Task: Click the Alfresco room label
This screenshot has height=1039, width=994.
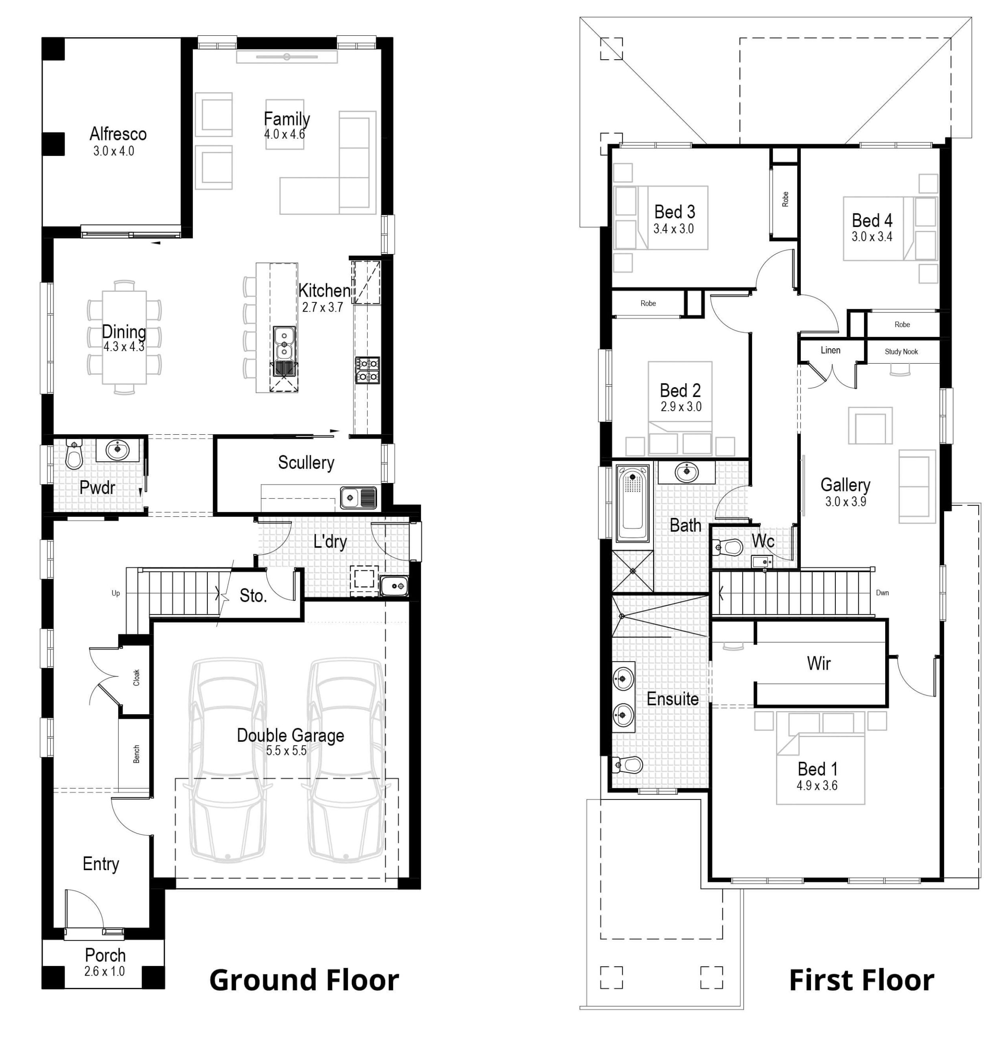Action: point(118,134)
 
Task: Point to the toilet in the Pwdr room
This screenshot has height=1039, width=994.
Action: point(73,457)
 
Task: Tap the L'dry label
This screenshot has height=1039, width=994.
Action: point(330,542)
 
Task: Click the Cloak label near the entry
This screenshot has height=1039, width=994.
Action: point(136,678)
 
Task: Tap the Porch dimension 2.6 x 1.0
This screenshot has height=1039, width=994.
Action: point(104,971)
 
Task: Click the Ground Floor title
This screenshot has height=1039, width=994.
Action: point(304,980)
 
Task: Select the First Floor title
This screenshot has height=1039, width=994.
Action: point(862,980)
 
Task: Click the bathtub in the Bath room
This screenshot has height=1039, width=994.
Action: point(633,503)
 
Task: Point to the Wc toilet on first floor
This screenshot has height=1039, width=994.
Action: point(729,547)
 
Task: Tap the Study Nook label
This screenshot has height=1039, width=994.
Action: point(901,352)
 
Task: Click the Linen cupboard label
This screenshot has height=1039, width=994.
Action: point(830,350)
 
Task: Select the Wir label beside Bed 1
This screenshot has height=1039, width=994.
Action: point(819,663)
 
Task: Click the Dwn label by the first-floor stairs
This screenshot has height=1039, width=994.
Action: point(882,593)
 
